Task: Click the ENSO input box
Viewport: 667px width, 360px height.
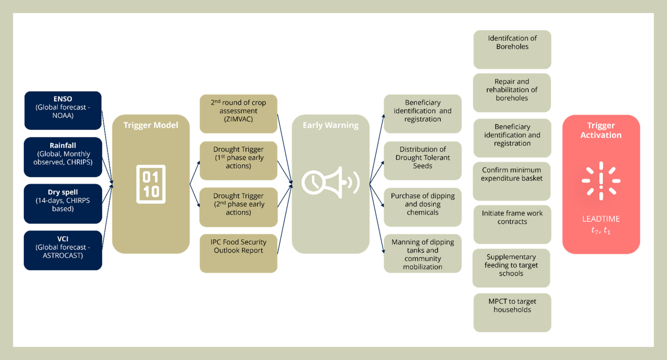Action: (x=63, y=110)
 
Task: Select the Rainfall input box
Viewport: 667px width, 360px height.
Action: (x=63, y=157)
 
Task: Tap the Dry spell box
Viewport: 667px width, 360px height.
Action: (x=63, y=204)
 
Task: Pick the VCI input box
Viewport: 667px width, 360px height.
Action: (x=63, y=250)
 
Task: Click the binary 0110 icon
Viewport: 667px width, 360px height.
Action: (x=151, y=184)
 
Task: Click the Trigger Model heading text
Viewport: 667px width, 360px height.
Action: (x=151, y=125)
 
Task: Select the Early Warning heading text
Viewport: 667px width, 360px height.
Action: (x=331, y=125)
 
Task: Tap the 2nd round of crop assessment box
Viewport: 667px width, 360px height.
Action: (x=238, y=113)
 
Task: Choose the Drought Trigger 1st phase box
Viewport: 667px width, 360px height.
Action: (x=238, y=160)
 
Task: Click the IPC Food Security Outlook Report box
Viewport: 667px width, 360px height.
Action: (x=238, y=253)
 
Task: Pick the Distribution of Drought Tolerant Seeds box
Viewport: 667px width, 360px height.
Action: (x=422, y=160)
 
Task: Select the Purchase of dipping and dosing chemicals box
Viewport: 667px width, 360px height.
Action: (x=422, y=207)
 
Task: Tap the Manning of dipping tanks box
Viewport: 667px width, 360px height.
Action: (x=422, y=254)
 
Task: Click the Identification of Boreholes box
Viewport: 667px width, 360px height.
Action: (x=512, y=49)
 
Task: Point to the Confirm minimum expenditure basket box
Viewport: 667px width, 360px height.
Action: (x=512, y=181)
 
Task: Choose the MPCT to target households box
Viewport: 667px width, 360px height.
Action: (x=512, y=312)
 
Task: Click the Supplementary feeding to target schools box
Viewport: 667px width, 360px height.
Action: (x=511, y=268)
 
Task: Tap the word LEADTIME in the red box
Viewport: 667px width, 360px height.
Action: (x=601, y=219)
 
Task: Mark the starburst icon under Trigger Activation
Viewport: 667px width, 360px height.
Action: (x=601, y=181)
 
